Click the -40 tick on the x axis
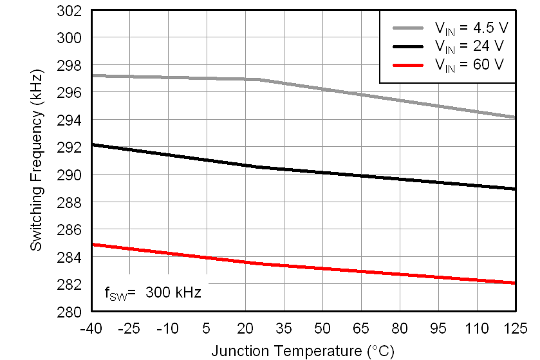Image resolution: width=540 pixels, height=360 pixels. [x=91, y=328]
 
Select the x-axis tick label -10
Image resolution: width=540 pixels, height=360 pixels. [x=168, y=328]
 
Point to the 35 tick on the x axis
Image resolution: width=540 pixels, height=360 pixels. [x=284, y=328]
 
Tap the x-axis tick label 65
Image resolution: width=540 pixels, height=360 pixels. [x=361, y=328]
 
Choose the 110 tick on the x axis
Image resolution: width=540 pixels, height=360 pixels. [x=476, y=328]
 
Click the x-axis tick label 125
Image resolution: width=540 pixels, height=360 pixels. [x=515, y=328]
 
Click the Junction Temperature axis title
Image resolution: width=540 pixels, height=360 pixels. [x=303, y=351]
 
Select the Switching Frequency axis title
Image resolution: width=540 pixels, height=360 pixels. [x=37, y=161]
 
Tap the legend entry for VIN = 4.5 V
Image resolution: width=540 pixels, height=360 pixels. [x=469, y=28]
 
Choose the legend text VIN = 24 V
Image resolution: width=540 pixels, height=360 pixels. [x=469, y=46]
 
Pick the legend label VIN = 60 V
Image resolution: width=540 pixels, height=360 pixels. [x=469, y=64]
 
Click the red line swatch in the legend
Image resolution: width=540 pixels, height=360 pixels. [x=408, y=64]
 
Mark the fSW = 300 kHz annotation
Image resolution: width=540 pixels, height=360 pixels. [x=153, y=293]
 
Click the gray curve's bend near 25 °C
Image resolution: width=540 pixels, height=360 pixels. [x=259, y=79]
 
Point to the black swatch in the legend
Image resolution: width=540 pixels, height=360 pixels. [x=408, y=46]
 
